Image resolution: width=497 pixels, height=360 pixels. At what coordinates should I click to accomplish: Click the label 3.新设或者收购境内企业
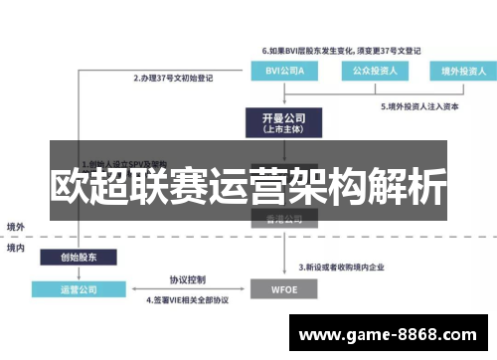coord(350,268)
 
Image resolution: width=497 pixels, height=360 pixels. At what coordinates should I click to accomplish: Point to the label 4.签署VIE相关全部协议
coord(189,301)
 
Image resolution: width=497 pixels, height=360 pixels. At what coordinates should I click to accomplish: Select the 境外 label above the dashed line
coord(16,227)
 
